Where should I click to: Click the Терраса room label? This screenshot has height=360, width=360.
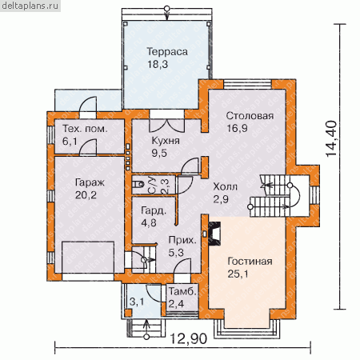[167, 52]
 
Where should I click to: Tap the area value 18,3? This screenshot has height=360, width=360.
[158, 64]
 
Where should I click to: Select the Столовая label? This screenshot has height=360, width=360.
[250, 116]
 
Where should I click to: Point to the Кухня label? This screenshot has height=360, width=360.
[166, 141]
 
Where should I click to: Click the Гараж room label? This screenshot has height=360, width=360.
[90, 183]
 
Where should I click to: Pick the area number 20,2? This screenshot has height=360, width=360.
[86, 195]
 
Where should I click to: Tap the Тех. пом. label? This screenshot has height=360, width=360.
[85, 129]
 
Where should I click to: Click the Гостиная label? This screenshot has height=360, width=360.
[250, 262]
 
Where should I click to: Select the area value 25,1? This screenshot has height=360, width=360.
[238, 274]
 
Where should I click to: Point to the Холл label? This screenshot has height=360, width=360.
[225, 186]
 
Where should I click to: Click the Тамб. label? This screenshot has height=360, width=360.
[182, 291]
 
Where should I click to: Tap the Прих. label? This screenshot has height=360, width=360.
[182, 240]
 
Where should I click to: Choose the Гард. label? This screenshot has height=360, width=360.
[154, 210]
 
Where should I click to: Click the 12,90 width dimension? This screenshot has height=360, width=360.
[189, 339]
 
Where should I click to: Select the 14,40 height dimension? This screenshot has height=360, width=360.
[331, 138]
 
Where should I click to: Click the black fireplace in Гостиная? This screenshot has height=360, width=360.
[214, 233]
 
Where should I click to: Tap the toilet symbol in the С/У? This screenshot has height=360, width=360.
[138, 184]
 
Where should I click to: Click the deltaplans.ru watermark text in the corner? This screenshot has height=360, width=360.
[30, 6]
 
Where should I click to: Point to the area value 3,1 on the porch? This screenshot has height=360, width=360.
[137, 302]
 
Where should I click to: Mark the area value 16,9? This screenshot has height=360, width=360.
[237, 128]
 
